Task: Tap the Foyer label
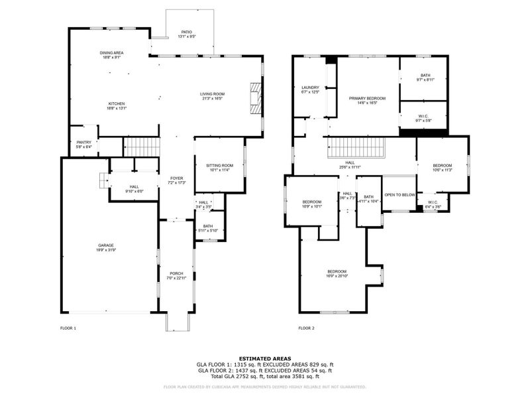pos(176,180)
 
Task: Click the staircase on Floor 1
pos(143,147)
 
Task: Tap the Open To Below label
pos(399,195)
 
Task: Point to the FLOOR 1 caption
pos(68,328)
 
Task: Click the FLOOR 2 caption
pos(306,328)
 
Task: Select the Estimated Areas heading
pos(264,358)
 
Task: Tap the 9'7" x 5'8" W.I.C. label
pos(423,118)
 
